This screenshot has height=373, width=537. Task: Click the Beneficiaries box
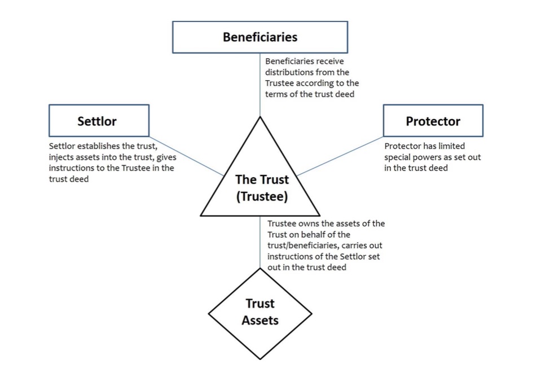(x=260, y=37)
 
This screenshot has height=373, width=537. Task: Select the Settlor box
(x=99, y=121)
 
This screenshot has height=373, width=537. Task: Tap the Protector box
(x=433, y=121)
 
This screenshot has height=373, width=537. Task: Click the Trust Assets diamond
(x=260, y=313)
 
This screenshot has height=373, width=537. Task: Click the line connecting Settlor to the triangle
(x=186, y=156)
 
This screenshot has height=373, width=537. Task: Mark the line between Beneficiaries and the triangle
(x=260, y=85)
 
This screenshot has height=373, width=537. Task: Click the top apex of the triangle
(x=260, y=118)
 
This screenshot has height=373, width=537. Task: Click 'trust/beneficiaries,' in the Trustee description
(x=305, y=245)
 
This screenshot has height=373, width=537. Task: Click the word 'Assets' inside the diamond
(x=260, y=321)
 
